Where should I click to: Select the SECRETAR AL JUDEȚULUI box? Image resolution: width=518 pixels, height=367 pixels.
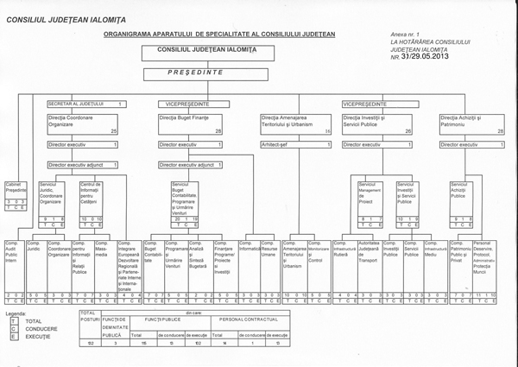point(84,104)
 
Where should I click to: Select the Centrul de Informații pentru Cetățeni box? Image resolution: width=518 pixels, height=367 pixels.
point(92,194)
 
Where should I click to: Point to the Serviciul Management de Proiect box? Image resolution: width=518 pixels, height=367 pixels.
point(375,195)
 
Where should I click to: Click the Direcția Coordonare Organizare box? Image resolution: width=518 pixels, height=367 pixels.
point(84,123)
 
